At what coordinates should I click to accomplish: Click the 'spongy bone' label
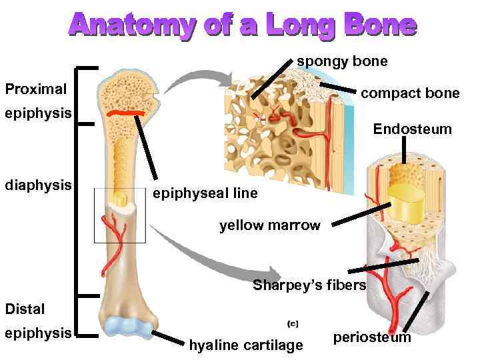(342, 62)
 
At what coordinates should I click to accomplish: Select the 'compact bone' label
(409, 93)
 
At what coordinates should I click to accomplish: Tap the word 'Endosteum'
(412, 128)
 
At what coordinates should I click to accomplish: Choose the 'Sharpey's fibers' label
(309, 286)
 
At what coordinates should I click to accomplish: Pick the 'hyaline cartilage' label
(246, 345)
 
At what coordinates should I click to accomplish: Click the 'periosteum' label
(372, 337)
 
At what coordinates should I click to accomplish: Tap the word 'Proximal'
(36, 89)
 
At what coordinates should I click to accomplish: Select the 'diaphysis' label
(38, 184)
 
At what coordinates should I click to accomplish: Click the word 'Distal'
(25, 309)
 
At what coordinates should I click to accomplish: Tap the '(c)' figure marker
(293, 323)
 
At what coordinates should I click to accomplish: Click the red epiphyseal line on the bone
(127, 114)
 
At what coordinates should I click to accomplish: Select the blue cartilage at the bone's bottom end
(131, 327)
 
